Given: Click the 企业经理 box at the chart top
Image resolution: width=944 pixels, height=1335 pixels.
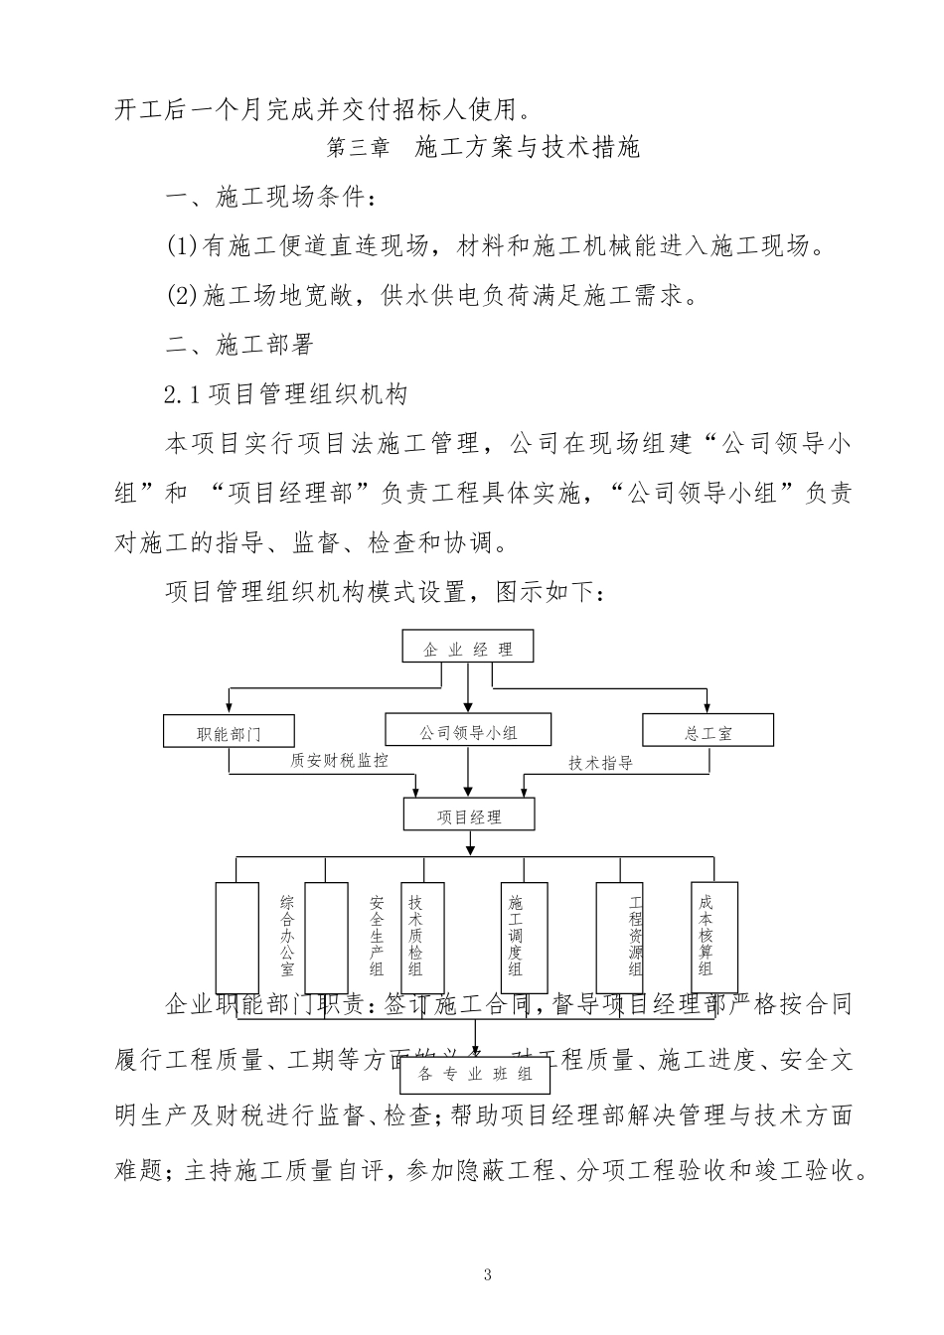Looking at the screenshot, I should pos(467,649).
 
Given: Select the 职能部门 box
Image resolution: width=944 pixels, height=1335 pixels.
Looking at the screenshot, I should pos(229,733).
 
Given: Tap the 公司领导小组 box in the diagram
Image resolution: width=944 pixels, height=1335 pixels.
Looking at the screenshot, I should pos(468,732).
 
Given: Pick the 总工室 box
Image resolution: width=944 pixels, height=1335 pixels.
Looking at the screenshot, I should pos(708,733).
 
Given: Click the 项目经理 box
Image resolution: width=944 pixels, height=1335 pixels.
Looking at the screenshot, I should pos(469,816).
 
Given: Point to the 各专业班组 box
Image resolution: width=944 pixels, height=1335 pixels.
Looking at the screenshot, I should pos(475,1074).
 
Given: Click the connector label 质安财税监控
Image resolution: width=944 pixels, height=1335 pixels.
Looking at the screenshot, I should pos(339,761).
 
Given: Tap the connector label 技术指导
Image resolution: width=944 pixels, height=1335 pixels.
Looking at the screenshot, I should pos(600,763).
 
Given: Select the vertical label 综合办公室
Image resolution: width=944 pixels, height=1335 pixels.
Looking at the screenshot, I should pos(287,934).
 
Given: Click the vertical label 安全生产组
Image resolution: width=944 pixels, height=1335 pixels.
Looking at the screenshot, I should pos(377,934).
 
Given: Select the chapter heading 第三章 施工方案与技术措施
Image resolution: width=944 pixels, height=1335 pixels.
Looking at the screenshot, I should pos(483,148).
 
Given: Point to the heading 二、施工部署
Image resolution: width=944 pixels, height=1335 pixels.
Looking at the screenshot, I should pos(239,345).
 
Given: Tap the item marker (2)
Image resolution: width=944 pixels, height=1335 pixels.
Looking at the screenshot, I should pos(183,295).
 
